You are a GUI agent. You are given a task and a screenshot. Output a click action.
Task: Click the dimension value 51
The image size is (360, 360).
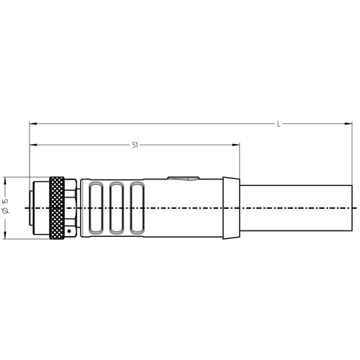(x=135, y=145)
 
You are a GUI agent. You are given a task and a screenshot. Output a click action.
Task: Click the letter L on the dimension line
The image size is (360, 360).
(x=279, y=124)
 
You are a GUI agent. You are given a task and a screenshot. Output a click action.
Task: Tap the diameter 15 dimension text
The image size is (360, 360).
(x=6, y=207)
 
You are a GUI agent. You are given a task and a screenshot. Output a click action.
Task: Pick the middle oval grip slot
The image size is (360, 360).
(x=117, y=208)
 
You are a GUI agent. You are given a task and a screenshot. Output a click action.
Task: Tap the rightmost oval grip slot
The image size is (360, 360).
(x=137, y=208)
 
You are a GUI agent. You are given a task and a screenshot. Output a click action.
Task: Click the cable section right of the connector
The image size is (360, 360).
(x=295, y=208)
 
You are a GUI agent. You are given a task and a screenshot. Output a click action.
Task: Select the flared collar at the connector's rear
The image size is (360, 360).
(x=230, y=208)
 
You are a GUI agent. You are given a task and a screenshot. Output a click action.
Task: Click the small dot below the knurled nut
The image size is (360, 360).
(x=69, y=230)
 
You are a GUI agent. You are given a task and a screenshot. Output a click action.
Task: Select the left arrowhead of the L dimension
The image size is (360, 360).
(x=32, y=124)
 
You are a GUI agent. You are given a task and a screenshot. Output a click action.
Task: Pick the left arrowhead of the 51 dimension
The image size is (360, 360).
(x=32, y=145)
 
